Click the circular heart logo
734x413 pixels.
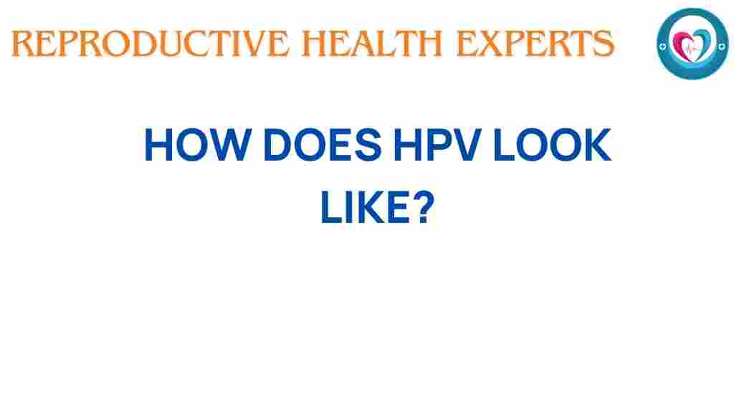point(692,44)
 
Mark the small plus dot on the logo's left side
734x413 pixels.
point(663,44)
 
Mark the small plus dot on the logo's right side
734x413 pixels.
point(720,44)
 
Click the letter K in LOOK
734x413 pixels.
point(596,147)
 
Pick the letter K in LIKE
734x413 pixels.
point(369,208)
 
